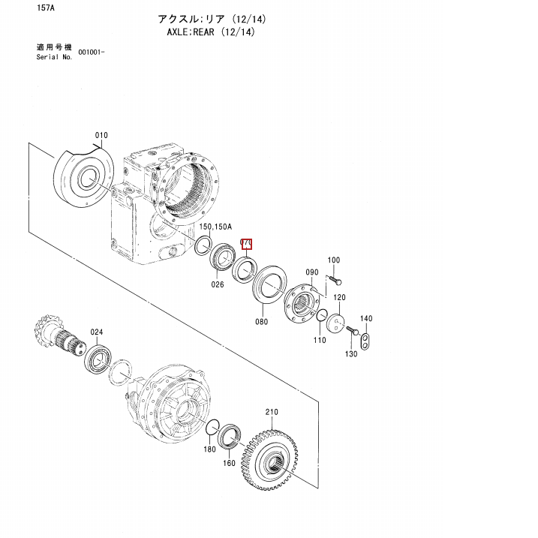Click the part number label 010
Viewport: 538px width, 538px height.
(101, 136)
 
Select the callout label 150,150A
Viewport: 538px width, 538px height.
(216, 226)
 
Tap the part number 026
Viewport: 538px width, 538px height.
(218, 284)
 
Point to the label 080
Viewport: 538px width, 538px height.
(261, 322)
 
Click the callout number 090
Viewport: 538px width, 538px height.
(312, 272)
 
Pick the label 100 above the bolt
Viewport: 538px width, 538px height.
(334, 260)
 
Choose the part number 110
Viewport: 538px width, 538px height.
(320, 340)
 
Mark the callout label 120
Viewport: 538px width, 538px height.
(340, 298)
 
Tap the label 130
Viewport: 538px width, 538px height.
(350, 353)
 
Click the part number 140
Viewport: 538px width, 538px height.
(365, 319)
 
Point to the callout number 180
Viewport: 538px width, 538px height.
(210, 449)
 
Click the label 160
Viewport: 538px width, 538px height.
(229, 463)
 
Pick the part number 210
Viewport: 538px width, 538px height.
(271, 412)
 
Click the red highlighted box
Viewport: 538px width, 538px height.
(245, 243)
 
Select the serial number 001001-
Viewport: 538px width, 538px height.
(91, 53)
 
